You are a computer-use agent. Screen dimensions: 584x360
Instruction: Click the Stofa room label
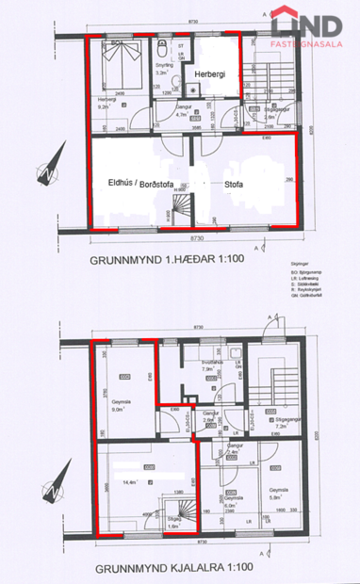(233, 185)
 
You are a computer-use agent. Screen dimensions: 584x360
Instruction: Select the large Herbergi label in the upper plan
(211, 74)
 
